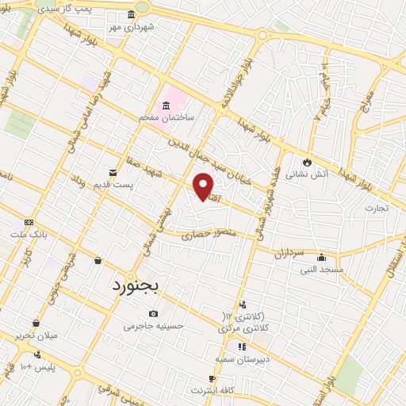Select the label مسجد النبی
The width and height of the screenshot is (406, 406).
320,270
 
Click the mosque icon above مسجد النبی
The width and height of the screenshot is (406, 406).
320,258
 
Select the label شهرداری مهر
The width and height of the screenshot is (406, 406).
131,26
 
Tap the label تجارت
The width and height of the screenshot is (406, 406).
376,209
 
